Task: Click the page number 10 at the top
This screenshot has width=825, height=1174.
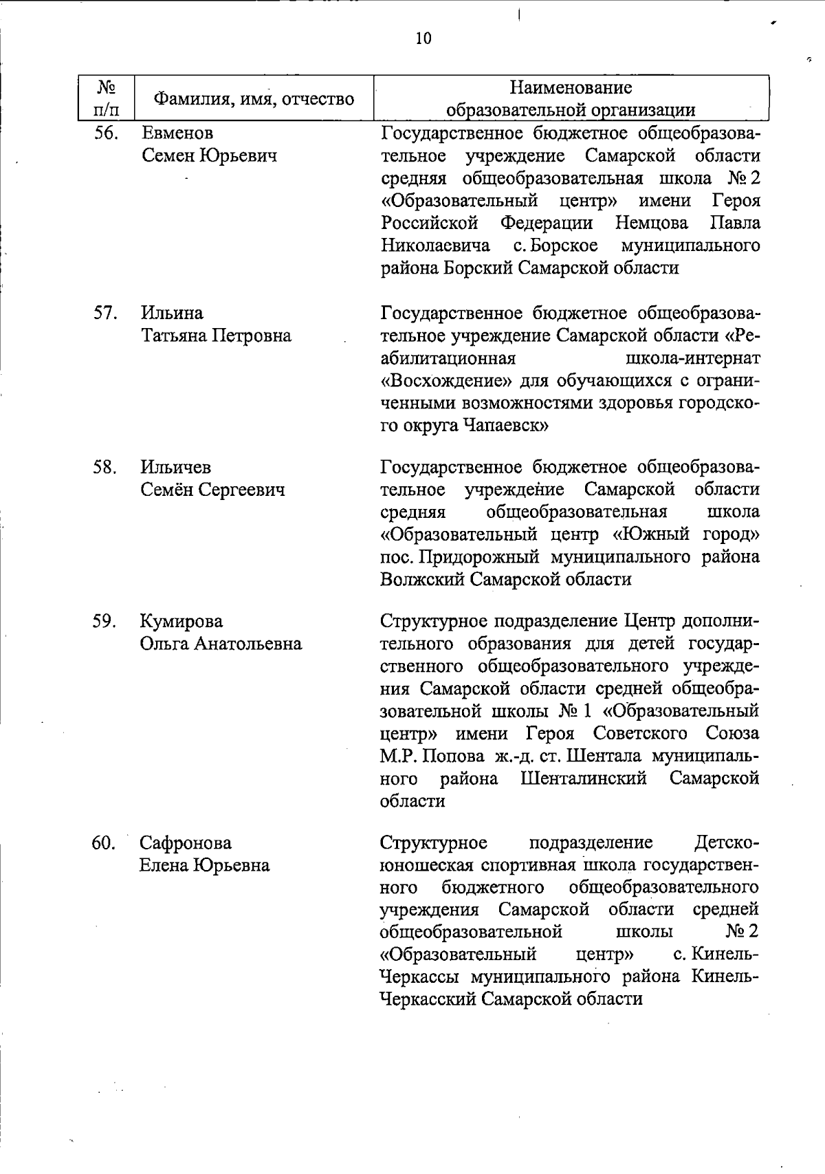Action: pyautogui.click(x=423, y=39)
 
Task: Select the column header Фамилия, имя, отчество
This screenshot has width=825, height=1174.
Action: pyautogui.click(x=253, y=99)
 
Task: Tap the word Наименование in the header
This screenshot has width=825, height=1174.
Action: pyautogui.click(x=571, y=88)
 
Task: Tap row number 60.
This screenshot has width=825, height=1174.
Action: pyautogui.click(x=104, y=843)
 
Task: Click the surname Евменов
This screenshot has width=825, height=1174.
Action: pyautogui.click(x=177, y=133)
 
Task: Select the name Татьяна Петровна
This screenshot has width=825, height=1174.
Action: pyautogui.click(x=216, y=336)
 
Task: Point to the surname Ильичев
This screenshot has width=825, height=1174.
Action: pyautogui.click(x=176, y=468)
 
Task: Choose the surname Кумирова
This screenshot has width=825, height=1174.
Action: pyautogui.click(x=181, y=622)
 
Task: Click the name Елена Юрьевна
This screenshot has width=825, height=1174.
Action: pyautogui.click(x=204, y=865)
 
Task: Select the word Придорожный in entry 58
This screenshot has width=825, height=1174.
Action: pyautogui.click(x=479, y=557)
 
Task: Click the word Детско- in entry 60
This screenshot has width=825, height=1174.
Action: pyautogui.click(x=727, y=843)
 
